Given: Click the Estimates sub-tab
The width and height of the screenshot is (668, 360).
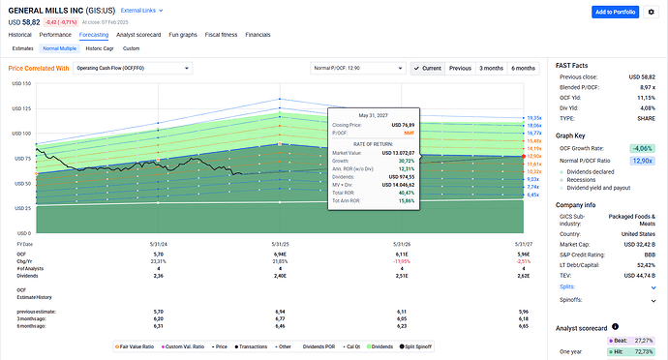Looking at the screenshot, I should (x=22, y=47).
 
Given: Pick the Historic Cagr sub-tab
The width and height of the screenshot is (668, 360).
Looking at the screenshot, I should (x=99, y=47).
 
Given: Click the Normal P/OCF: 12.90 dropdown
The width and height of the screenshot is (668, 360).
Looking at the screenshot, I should (x=355, y=69).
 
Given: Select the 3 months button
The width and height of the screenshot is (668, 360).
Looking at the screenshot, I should (x=493, y=69).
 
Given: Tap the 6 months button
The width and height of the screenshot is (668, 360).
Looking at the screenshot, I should (x=523, y=69).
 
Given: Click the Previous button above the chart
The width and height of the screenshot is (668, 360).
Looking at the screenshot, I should (x=460, y=69).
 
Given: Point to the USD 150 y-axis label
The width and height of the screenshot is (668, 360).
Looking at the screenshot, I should (x=18, y=84).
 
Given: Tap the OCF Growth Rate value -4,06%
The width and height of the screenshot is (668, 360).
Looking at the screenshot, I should (x=641, y=148).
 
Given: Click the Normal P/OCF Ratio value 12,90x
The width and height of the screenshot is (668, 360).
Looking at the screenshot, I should (x=641, y=161).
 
